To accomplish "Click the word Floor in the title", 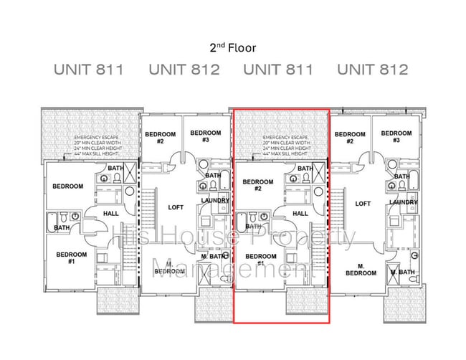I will click(241, 48).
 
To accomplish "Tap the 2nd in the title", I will click(217, 48).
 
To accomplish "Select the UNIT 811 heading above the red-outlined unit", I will click(278, 70).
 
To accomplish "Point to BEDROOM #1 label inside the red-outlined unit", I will click(261, 260).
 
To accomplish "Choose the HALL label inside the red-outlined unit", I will click(301, 213).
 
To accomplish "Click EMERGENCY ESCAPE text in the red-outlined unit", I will click(285, 137).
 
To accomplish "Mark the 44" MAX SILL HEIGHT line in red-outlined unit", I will click(285, 154).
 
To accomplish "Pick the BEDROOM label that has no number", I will click(67, 186).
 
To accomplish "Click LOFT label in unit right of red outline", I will click(363, 204).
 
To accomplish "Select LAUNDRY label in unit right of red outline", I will click(404, 202).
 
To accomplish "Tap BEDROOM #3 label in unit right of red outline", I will click(396, 137).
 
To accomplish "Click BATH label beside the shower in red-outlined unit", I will click(305, 169).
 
